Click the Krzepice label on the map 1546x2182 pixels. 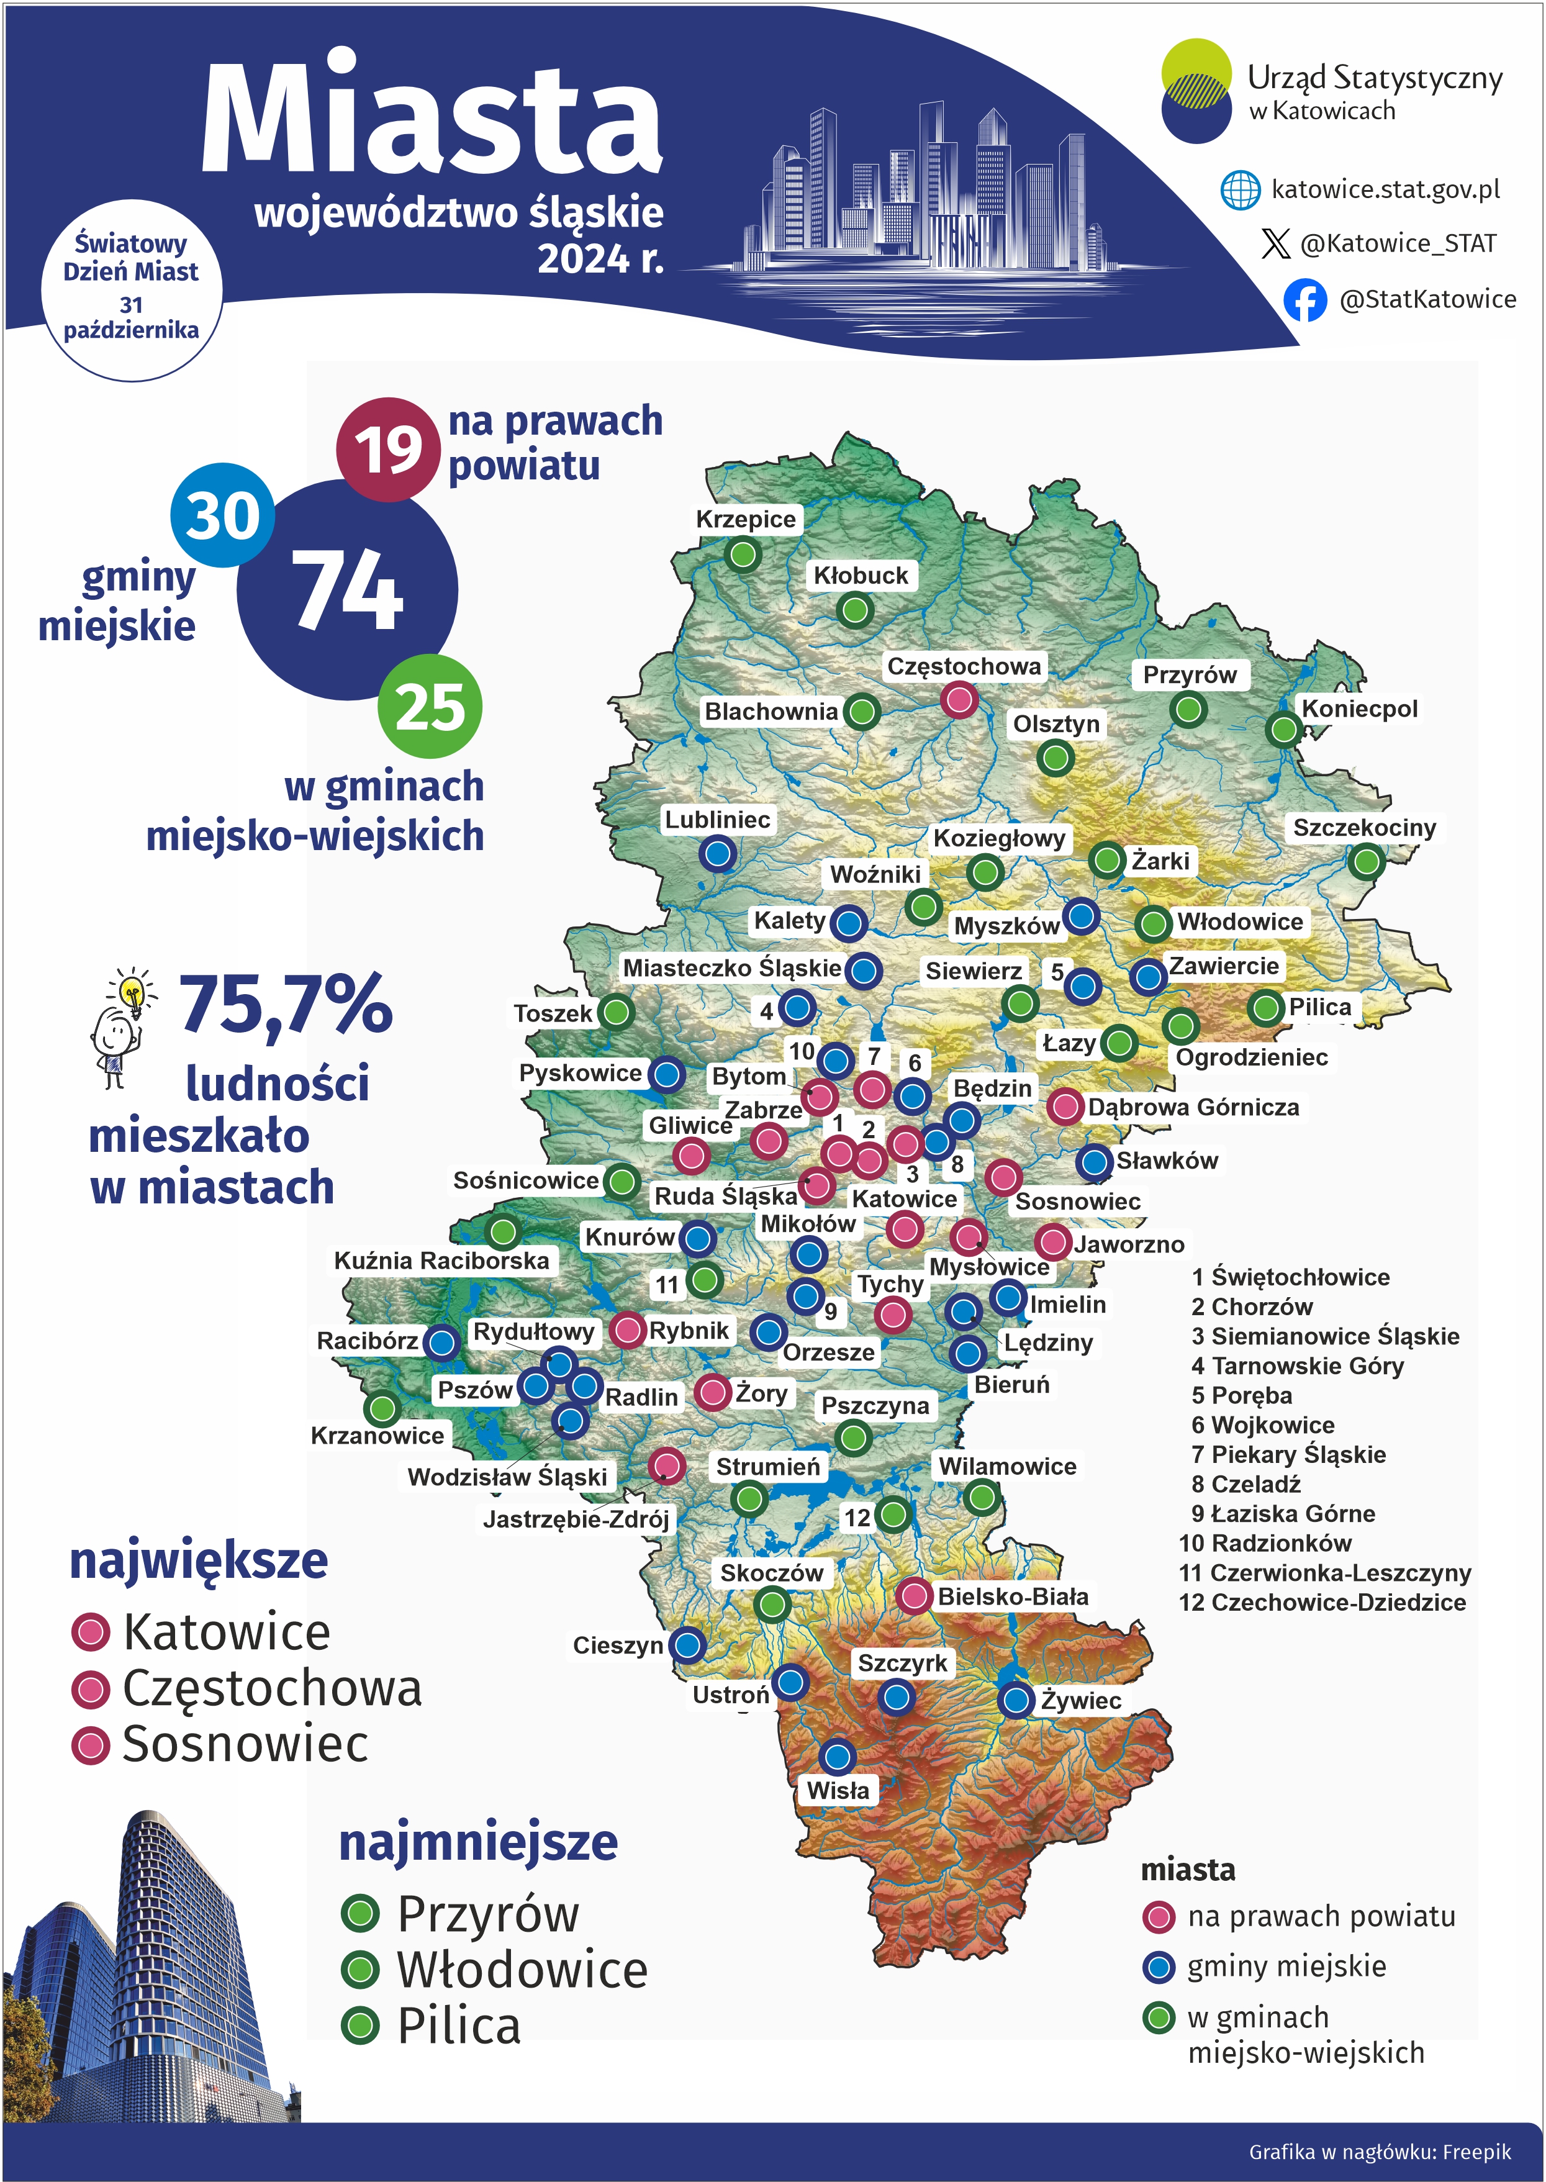[746, 519]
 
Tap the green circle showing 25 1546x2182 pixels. [430, 707]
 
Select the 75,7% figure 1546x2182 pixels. [286, 1003]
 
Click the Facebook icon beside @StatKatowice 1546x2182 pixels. [1304, 300]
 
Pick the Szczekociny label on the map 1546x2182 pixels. [1363, 827]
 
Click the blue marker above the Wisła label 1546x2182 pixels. [838, 1755]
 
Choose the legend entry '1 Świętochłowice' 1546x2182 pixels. [1290, 1277]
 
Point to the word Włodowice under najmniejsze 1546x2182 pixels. [522, 1970]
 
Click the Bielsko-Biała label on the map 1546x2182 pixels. [1012, 1596]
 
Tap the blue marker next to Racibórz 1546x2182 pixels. [441, 1342]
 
